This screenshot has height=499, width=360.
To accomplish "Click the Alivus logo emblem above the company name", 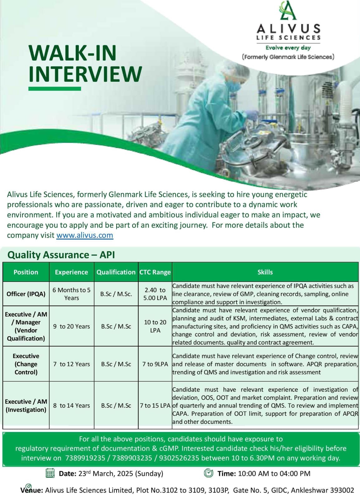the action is (x=288, y=10).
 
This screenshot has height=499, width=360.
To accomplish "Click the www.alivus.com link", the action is (x=84, y=235).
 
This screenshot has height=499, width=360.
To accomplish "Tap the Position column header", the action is (x=26, y=272).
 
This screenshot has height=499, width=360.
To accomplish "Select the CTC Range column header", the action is (x=155, y=272).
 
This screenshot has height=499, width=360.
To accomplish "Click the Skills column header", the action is (x=265, y=272).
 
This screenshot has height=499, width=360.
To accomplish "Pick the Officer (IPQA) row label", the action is (x=26, y=294).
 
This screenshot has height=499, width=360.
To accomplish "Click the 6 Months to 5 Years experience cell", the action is (x=71, y=294).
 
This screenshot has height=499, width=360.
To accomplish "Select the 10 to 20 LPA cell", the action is (x=155, y=326).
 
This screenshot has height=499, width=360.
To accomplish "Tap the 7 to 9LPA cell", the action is (x=155, y=364).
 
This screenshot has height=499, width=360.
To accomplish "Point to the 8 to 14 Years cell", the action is (x=71, y=405).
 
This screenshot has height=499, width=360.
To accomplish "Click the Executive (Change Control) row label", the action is (x=26, y=364).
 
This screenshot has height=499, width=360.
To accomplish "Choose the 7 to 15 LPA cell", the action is (x=155, y=405).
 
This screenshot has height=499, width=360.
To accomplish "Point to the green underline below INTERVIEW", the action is (x=55, y=89).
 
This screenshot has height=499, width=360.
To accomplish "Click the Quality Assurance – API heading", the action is (x=61, y=255).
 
